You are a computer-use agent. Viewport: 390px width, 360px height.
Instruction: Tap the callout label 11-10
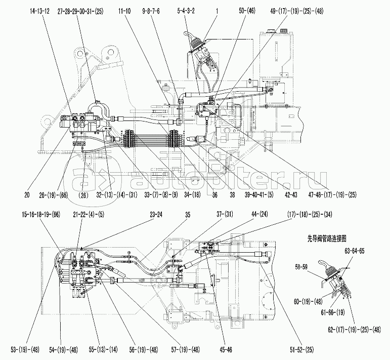click(x=125, y=10)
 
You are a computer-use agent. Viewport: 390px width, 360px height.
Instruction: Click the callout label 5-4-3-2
click(x=186, y=10)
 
